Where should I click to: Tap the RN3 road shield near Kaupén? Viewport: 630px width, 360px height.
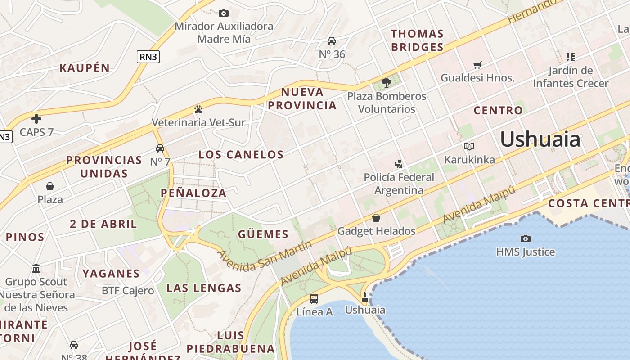(148, 57)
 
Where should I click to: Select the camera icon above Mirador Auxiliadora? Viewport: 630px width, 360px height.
(224, 13)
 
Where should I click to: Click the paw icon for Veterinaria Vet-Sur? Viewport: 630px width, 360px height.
(198, 109)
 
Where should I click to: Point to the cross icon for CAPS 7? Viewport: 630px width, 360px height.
(36, 119)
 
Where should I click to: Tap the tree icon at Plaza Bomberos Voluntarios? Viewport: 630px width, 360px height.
(386, 82)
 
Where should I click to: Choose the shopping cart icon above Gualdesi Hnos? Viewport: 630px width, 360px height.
(477, 65)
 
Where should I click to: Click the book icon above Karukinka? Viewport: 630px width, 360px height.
(469, 146)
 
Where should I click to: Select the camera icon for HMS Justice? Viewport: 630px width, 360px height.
(525, 238)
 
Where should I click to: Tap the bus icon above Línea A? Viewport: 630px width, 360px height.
(314, 298)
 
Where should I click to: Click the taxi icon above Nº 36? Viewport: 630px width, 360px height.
(332, 41)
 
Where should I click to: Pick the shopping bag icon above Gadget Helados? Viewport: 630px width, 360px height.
(376, 218)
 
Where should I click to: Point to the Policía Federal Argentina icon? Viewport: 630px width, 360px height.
(398, 164)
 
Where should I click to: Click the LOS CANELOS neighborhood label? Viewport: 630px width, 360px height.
(241, 155)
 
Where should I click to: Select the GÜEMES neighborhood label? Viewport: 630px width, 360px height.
(263, 234)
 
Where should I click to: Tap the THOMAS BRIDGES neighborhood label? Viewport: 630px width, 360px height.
(417, 40)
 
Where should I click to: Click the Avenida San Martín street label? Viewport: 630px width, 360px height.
(265, 256)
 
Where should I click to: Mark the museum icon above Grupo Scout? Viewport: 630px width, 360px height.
(36, 269)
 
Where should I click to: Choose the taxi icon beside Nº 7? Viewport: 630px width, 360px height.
(160, 148)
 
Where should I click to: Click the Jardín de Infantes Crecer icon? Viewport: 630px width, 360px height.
(571, 57)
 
